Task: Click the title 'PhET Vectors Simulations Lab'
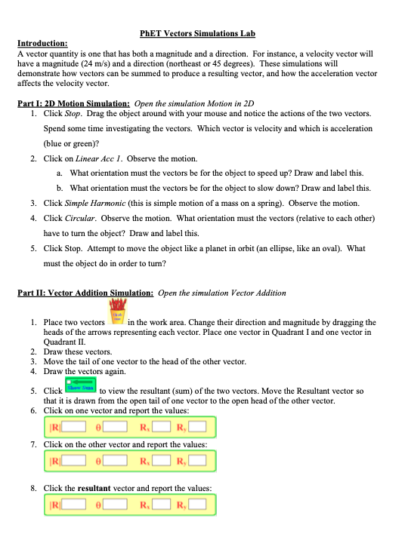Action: [x=198, y=34]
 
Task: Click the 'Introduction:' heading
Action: [x=42, y=44]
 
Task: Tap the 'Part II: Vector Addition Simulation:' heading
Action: [x=86, y=293]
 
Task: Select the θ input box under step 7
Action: [x=117, y=460]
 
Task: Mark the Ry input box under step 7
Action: [x=197, y=460]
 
